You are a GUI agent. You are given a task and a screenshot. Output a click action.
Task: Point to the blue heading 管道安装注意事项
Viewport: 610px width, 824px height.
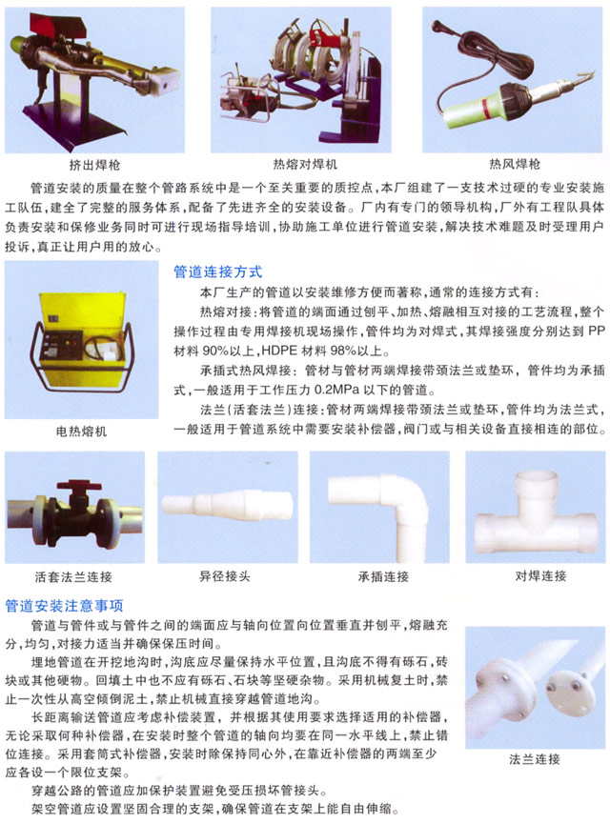(x=65, y=605)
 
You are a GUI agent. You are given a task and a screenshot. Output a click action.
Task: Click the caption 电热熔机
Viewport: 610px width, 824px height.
(x=82, y=431)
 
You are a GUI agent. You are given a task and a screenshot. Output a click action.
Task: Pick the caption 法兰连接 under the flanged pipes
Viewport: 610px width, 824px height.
(x=534, y=759)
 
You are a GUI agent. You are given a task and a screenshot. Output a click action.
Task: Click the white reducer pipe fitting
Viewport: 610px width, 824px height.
(x=221, y=506)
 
